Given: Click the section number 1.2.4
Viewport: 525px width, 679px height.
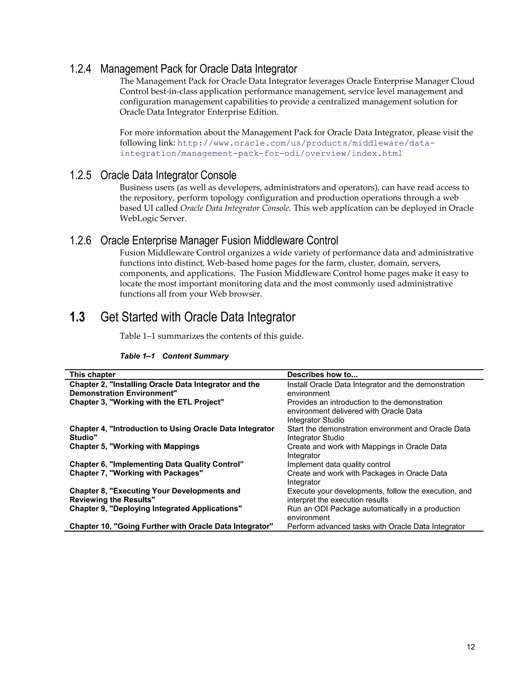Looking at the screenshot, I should pos(80,69).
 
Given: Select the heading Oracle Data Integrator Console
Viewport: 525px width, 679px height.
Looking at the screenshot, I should pos(168,175).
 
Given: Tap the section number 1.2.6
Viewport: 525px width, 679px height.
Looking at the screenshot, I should pos(80,241).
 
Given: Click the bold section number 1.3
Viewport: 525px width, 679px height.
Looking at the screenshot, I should pos(77,317).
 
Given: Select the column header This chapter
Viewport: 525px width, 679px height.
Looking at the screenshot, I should pos(92,375).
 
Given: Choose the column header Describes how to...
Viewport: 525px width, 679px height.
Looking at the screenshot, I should pos(322,375).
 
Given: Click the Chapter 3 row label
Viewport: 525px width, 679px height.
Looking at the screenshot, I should pos(146,402).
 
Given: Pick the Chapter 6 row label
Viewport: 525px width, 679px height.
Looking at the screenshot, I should pos(156,464).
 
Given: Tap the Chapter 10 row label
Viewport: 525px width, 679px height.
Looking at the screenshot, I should pos(171,526).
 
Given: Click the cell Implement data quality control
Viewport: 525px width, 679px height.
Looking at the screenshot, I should pos(338,465).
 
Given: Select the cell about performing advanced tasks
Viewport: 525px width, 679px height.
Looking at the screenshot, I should pos(376,526).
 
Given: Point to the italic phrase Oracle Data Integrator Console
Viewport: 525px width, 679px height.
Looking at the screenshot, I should pos(235,208).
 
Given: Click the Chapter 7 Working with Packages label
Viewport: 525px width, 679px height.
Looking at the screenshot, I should pos(136,473).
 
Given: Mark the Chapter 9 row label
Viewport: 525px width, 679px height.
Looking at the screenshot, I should pos(156,509).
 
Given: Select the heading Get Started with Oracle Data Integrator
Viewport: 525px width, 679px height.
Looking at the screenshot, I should pos(198,317).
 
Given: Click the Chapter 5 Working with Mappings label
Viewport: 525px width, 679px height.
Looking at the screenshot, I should pos(134,446).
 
